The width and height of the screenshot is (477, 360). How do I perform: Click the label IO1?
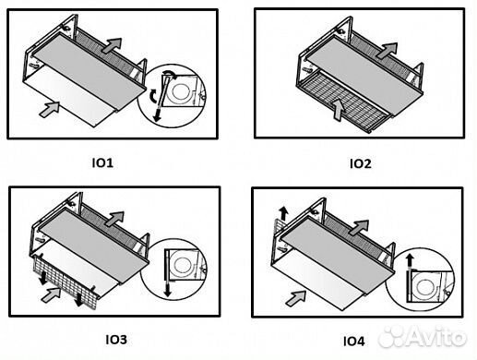point(102,162)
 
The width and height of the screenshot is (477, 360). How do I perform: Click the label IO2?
point(361,163)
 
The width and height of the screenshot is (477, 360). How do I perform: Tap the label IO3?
point(116,340)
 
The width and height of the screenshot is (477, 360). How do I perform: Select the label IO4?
point(353,342)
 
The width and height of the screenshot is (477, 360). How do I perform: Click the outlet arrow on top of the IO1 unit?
point(113,45)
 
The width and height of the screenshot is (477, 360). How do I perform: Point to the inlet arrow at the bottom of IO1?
point(50,109)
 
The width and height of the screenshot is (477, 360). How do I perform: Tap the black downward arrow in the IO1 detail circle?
point(158,114)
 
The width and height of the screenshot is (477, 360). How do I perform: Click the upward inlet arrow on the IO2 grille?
point(339,110)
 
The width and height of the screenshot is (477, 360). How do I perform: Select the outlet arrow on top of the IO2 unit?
point(387,51)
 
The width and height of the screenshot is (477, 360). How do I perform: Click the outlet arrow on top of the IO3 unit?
point(114,219)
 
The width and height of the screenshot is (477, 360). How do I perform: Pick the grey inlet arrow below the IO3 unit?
point(51,294)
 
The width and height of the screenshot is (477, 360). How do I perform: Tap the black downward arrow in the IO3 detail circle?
point(167,290)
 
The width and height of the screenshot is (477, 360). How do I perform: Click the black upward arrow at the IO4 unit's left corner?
point(283,213)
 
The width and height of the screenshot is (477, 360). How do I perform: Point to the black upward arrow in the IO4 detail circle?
point(409,261)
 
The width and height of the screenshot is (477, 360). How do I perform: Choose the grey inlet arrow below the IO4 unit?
point(296,298)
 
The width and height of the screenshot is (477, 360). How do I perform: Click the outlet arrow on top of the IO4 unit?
point(359,228)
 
